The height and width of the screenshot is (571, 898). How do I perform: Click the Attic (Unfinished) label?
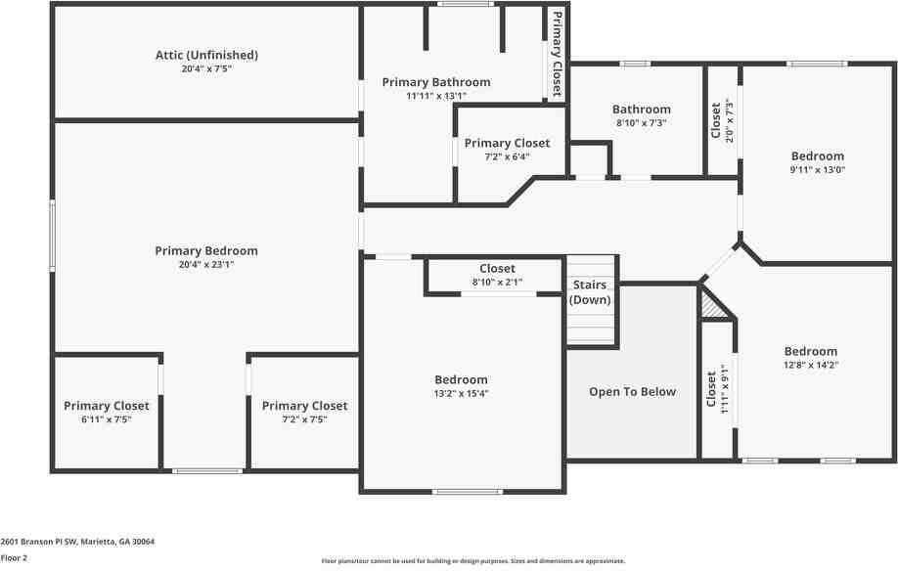point(206,55)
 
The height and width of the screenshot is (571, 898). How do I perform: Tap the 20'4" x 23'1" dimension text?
point(206,264)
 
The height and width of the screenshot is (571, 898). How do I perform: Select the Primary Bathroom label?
point(435,82)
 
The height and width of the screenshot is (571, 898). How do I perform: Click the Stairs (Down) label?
point(591,292)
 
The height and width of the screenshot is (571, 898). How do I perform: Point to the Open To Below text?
point(632,392)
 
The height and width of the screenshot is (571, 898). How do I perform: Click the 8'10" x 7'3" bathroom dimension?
point(642,123)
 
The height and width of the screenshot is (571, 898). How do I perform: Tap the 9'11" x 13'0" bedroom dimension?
point(817,169)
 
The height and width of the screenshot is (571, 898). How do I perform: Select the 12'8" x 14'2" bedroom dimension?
point(811,365)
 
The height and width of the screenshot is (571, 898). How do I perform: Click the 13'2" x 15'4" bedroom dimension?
point(461,393)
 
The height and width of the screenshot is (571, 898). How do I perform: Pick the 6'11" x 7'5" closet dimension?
point(107,418)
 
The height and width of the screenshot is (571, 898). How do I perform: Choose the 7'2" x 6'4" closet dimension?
point(507,156)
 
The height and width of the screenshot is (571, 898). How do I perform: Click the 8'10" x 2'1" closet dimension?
point(497,282)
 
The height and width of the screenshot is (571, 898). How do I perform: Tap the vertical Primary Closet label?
point(557,54)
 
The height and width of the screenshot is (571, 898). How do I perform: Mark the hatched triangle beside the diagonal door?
point(715,308)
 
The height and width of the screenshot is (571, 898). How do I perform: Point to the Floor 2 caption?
point(14,557)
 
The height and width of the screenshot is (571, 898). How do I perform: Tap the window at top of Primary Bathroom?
point(465,5)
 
